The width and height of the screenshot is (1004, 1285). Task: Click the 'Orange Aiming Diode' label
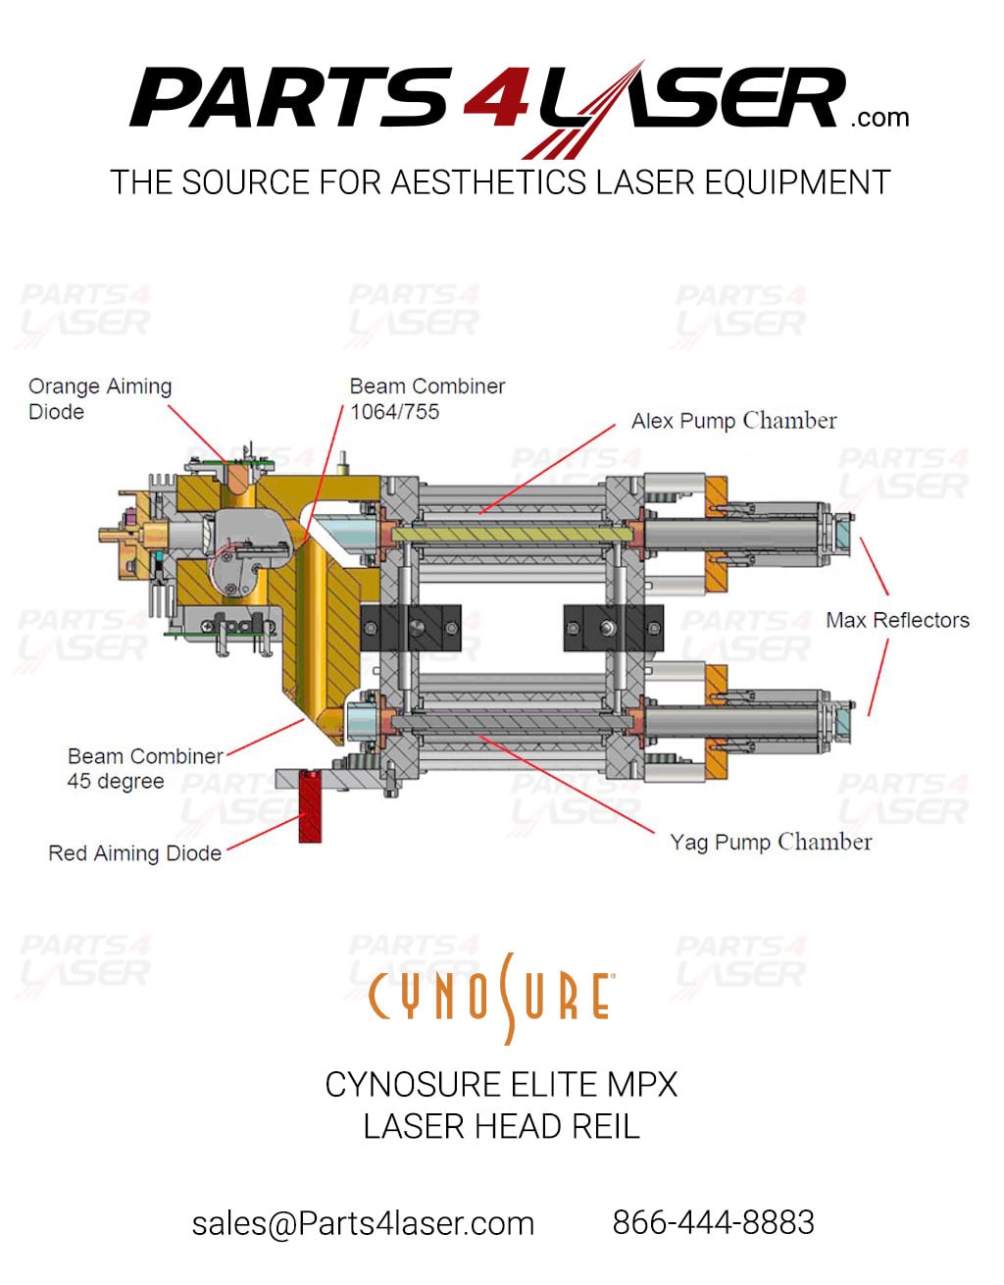99,399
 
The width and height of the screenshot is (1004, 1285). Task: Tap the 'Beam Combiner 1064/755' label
427,399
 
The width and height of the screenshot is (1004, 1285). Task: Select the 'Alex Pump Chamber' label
733,421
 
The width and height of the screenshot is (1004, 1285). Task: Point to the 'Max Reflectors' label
897,620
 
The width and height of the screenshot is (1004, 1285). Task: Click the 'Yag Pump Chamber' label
771,842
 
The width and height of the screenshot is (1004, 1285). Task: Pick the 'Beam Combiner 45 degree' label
144,769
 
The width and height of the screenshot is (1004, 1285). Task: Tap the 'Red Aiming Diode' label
134,853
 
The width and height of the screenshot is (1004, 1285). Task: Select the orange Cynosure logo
491,997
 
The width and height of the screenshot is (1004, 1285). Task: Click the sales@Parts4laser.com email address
363,1223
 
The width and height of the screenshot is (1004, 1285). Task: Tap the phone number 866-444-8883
713,1222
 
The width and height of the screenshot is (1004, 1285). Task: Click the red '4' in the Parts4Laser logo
496,99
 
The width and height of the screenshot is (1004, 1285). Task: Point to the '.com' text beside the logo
879,119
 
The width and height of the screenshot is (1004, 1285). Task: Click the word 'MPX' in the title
641,1084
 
